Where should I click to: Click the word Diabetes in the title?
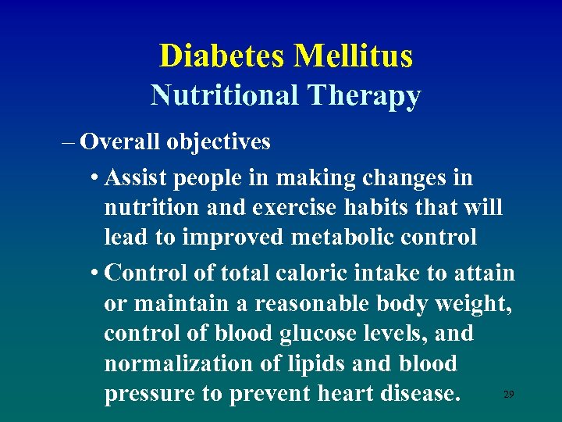pyautogui.click(x=223, y=56)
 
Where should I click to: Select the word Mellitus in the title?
pyautogui.click(x=354, y=56)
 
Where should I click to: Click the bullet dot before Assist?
pyautogui.click(x=94, y=179)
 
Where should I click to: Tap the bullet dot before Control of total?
pyautogui.click(x=94, y=274)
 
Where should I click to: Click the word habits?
pyautogui.click(x=379, y=209)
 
